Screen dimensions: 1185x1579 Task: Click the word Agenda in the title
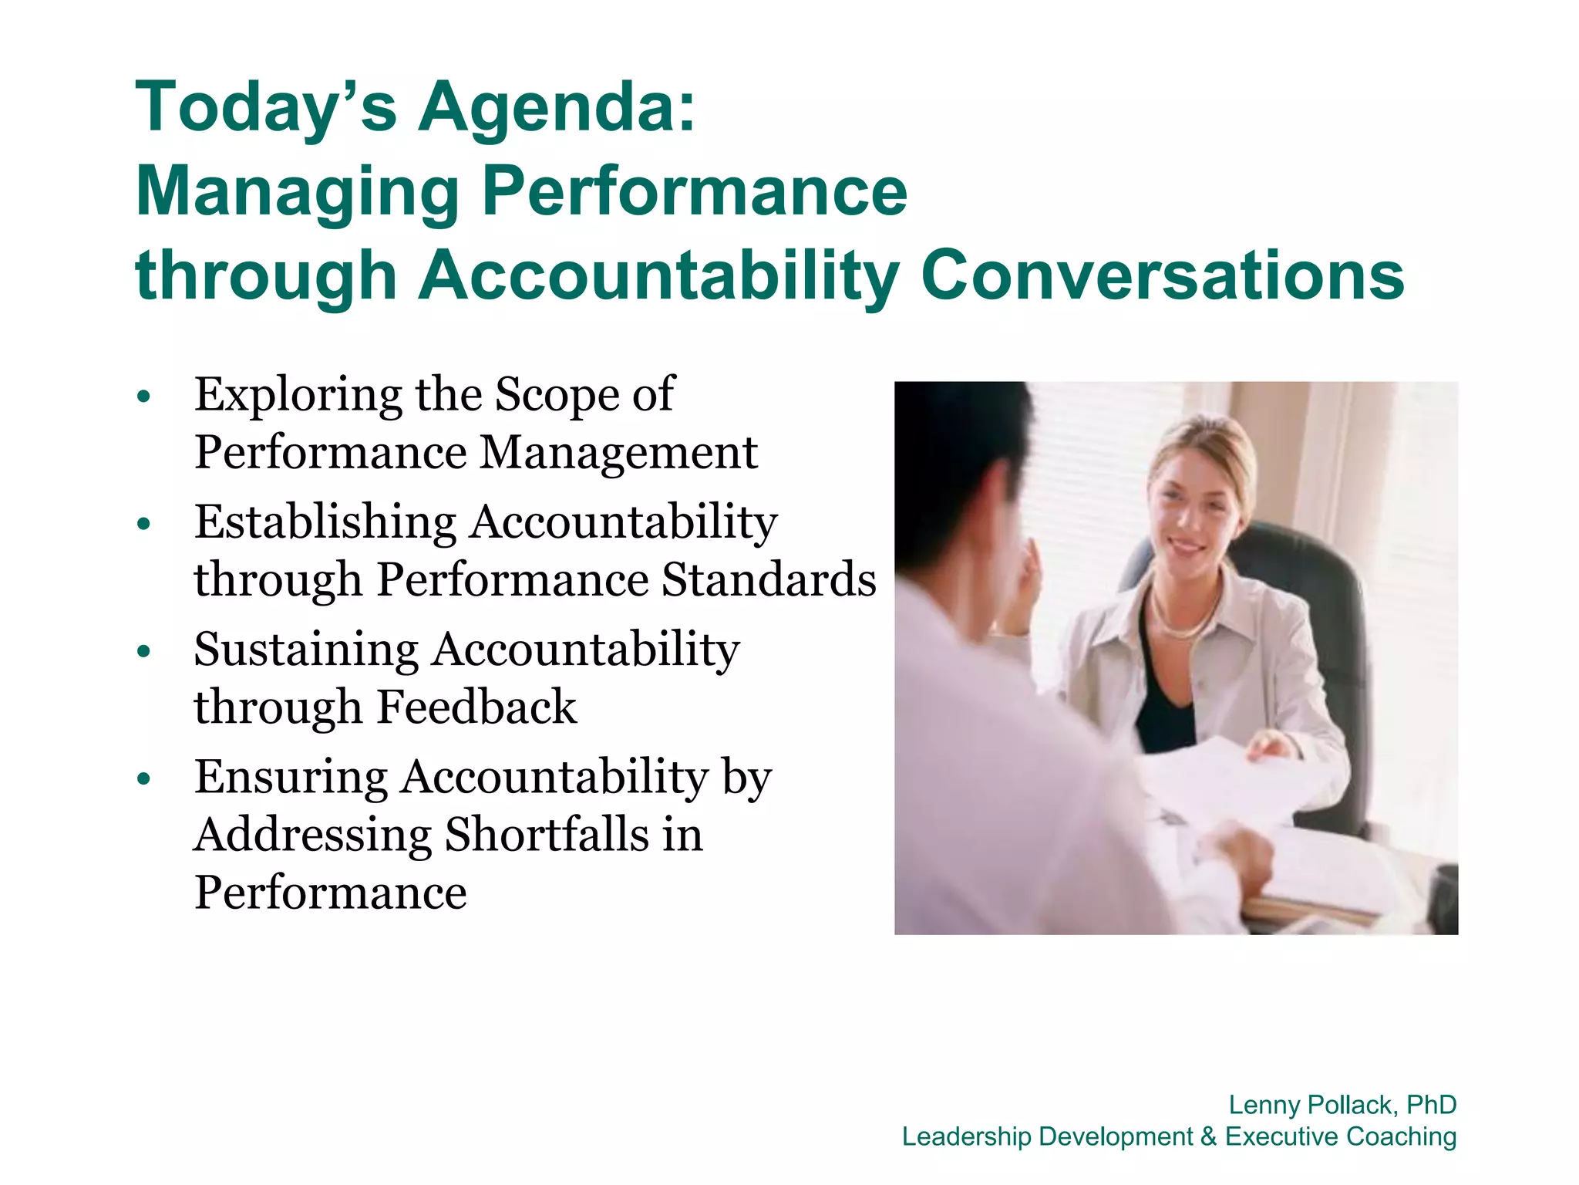(x=557, y=108)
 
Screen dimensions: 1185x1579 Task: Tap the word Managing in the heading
(x=298, y=193)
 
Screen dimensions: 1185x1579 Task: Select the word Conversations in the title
(x=1163, y=275)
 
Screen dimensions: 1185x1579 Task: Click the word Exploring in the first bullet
(x=298, y=396)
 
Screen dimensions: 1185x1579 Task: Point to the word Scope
(x=557, y=396)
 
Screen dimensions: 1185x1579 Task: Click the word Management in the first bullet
(x=618, y=453)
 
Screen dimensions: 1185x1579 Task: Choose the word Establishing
(x=325, y=523)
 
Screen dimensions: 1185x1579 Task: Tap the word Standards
(x=769, y=580)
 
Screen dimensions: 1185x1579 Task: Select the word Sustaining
(x=305, y=650)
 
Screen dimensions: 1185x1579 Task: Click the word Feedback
(x=476, y=707)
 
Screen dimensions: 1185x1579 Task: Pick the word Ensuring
(x=291, y=777)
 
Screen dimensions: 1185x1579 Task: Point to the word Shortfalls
(x=547, y=835)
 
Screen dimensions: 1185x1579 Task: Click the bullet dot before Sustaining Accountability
(x=143, y=652)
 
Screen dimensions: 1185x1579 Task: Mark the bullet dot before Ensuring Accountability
(x=143, y=779)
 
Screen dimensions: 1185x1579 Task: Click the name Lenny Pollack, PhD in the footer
(x=1342, y=1105)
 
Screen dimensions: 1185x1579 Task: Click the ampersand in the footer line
(x=1208, y=1136)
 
